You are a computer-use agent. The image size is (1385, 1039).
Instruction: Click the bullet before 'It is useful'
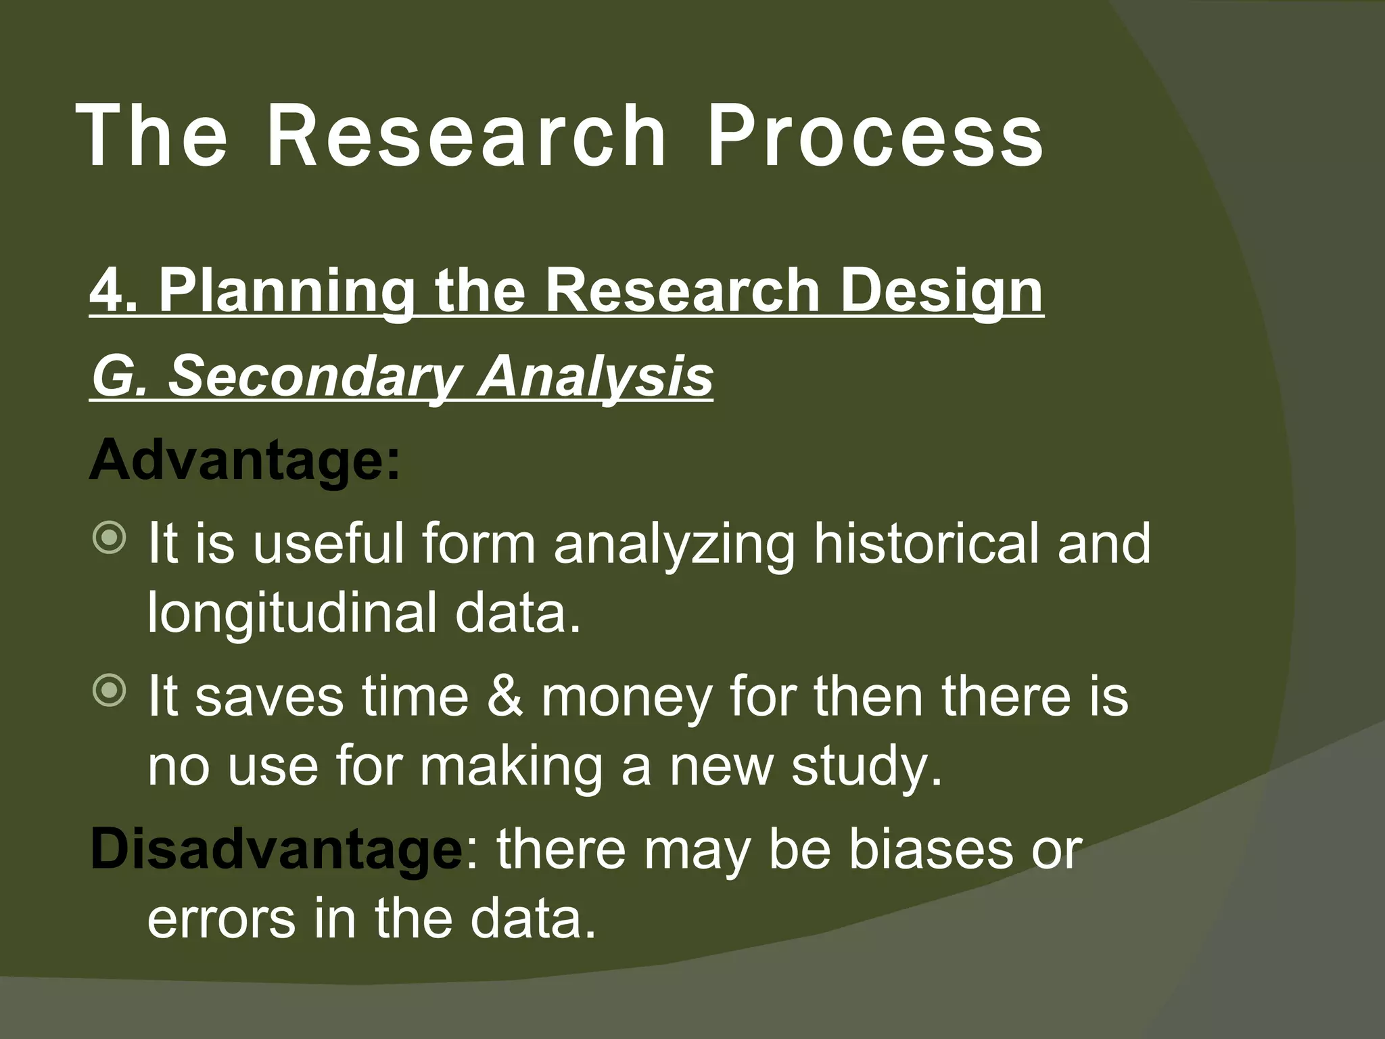(109, 538)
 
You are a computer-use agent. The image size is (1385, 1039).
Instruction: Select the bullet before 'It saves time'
(109, 691)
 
